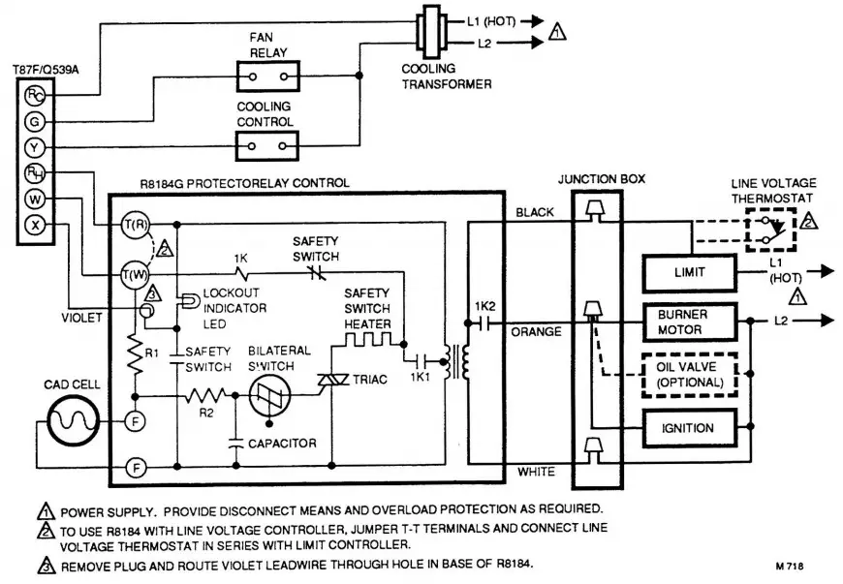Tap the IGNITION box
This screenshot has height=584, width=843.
tap(688, 427)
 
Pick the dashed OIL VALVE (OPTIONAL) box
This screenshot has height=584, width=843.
tap(688, 374)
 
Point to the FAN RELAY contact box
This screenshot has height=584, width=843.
tap(265, 75)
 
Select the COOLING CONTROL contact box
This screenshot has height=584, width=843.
tap(265, 145)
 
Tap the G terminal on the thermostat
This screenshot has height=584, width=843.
tap(35, 122)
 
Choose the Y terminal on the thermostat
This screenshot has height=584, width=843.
tap(35, 149)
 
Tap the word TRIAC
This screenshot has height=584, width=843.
tap(369, 380)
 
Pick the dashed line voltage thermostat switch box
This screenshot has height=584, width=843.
tap(769, 230)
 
